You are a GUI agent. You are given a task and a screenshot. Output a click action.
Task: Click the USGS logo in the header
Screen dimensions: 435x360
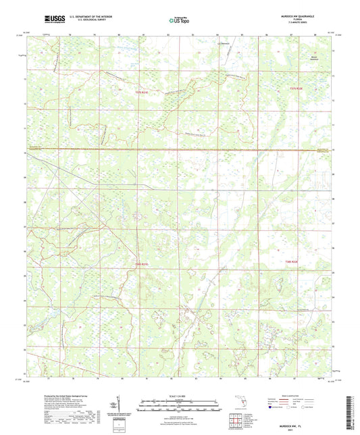(51, 21)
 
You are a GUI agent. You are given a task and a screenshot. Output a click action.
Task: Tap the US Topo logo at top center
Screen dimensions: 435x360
(180, 21)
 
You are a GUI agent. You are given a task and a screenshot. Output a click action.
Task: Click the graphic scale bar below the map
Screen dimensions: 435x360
(180, 407)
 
